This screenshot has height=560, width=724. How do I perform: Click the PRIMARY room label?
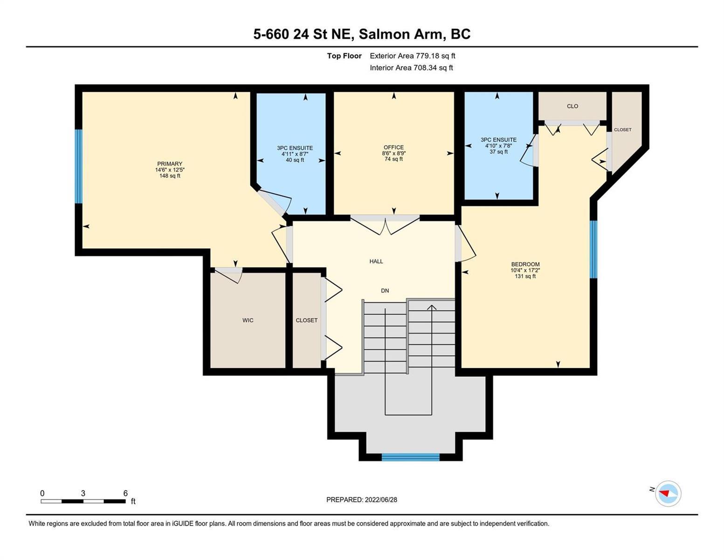click(170, 163)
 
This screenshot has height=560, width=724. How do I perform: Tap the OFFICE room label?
click(393, 147)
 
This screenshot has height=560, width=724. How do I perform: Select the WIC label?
click(248, 320)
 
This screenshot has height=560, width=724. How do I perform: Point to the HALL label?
click(376, 261)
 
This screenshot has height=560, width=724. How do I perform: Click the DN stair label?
click(385, 291)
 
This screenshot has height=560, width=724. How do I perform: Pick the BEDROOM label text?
click(525, 264)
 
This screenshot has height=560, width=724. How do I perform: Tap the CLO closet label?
click(572, 106)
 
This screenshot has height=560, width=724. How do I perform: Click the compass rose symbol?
click(668, 493)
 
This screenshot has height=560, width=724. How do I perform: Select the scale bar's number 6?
click(125, 493)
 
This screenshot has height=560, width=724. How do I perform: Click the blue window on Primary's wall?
click(78, 166)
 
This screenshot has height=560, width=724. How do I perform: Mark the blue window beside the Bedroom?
click(593, 249)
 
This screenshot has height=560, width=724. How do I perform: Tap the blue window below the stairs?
click(410, 457)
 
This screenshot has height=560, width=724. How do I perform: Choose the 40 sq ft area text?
click(295, 160)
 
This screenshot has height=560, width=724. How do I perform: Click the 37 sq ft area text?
click(498, 152)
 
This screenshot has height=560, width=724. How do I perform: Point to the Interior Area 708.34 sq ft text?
click(411, 68)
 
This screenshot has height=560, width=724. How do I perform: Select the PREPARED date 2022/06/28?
click(381, 500)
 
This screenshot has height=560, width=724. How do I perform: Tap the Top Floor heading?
click(344, 56)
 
